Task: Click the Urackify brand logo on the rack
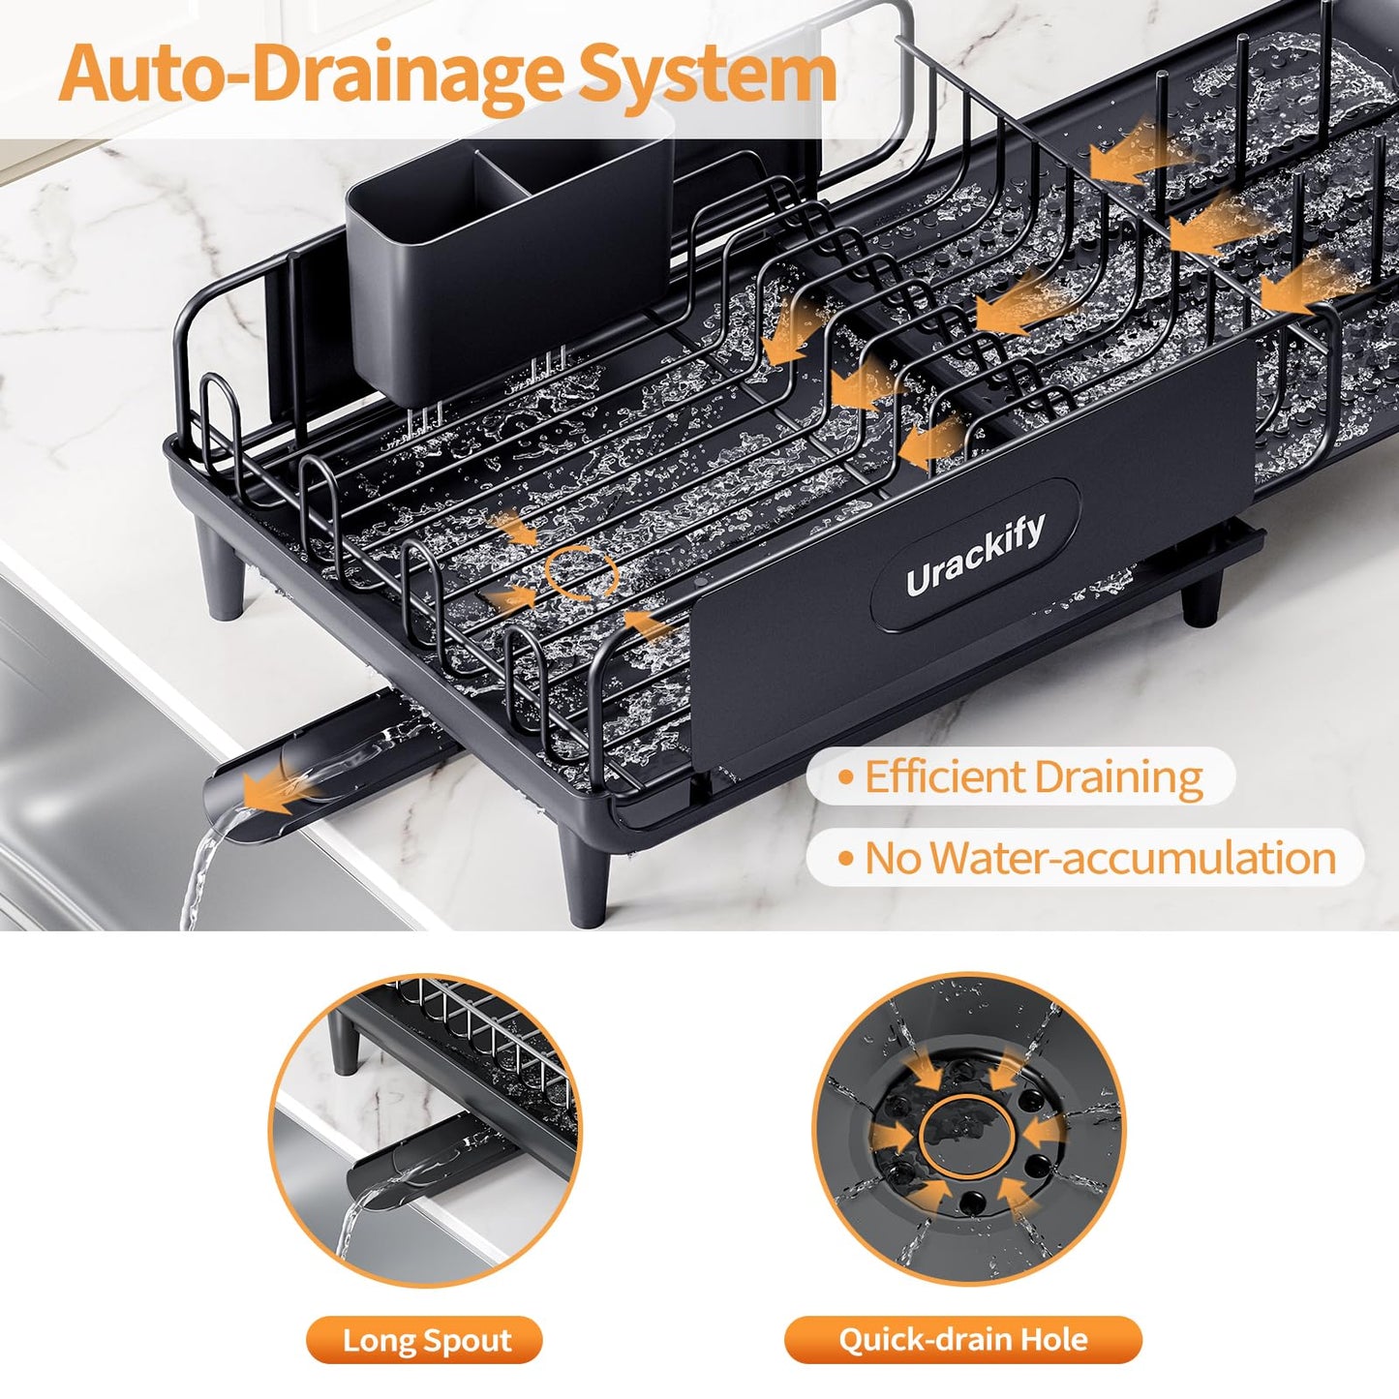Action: pyautogui.click(x=976, y=555)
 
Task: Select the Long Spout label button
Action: pyautogui.click(x=425, y=1340)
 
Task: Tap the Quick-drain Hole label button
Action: pyautogui.click(x=962, y=1340)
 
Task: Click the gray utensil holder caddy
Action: pyautogui.click(x=508, y=268)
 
